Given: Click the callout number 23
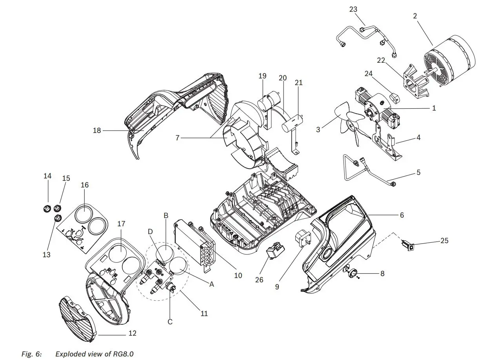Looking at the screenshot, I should pos(353,9).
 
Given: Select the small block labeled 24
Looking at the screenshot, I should pos(395,96).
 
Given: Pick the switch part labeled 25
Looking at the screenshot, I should pos(407,247).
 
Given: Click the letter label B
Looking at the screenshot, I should pos(166,215).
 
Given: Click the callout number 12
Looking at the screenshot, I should pos(133,333).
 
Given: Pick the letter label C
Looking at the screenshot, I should pos(170,322).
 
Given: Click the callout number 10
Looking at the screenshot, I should pos(238,275).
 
